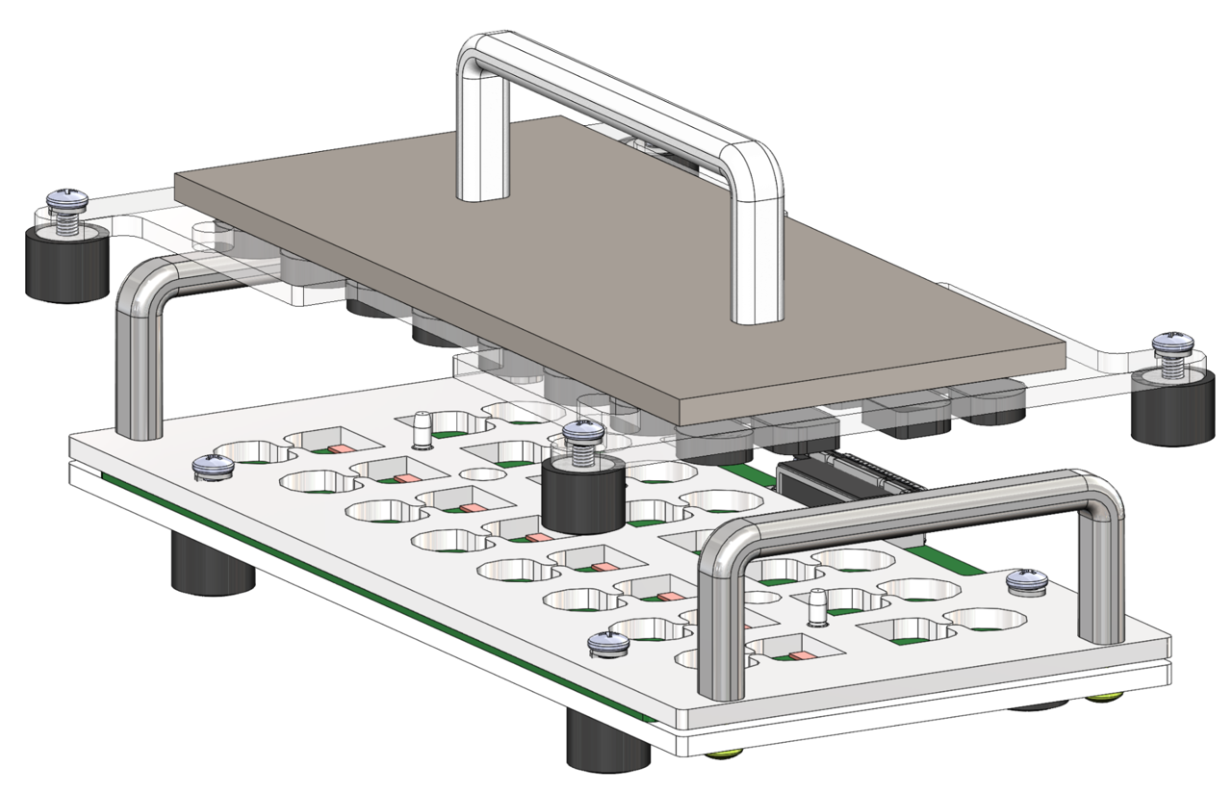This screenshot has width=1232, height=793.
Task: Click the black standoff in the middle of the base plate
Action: [581, 495]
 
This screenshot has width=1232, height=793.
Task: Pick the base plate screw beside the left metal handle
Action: [213, 468]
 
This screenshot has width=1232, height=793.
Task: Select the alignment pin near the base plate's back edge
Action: [421, 431]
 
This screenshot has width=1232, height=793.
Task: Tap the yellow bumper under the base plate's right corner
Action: [1107, 698]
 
